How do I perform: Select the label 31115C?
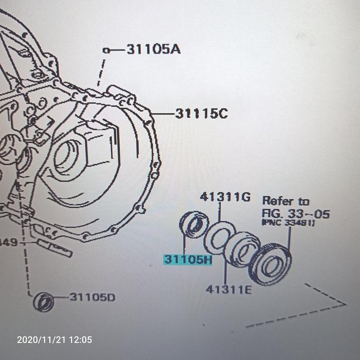(201, 113)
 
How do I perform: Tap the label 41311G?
(225, 196)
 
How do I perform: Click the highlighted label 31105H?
(188, 259)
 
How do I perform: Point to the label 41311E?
(229, 290)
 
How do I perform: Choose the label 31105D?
(93, 297)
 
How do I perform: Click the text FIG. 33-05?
(296, 213)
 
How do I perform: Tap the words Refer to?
(286, 201)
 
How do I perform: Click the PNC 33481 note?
(288, 223)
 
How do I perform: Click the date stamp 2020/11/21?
(39, 339)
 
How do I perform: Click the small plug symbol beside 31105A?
(105, 50)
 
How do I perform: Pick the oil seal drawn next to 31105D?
(43, 301)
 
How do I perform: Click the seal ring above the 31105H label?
(193, 225)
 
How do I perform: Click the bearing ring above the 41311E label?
(242, 249)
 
